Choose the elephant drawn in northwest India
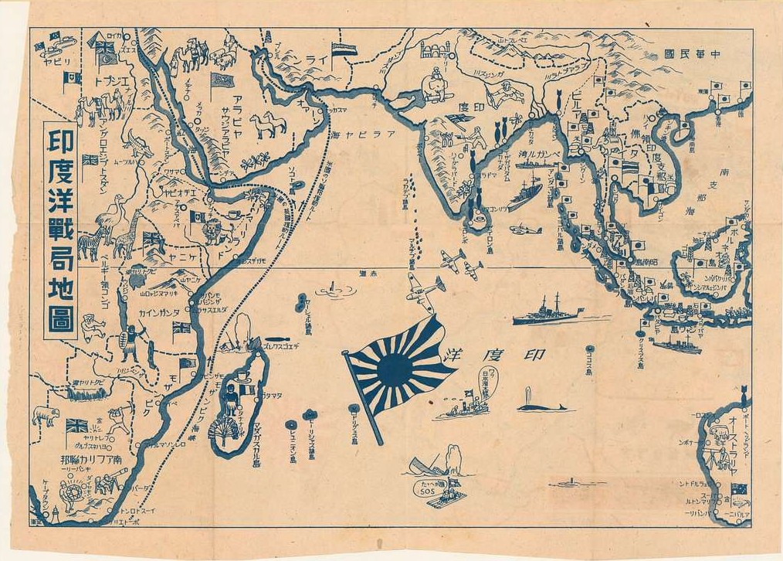coord(435,84)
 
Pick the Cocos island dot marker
coord(589,349)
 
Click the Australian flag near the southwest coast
coord(739,489)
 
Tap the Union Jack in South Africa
coord(76,426)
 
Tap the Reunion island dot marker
coord(290,424)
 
